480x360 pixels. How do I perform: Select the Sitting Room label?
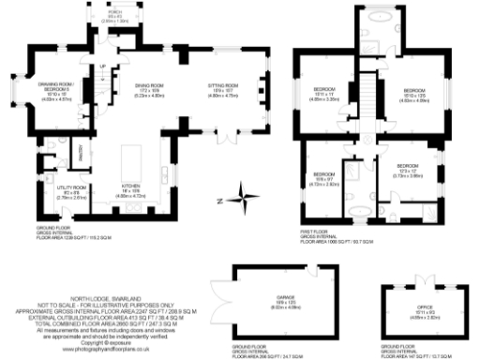221,90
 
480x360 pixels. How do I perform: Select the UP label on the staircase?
97,66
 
